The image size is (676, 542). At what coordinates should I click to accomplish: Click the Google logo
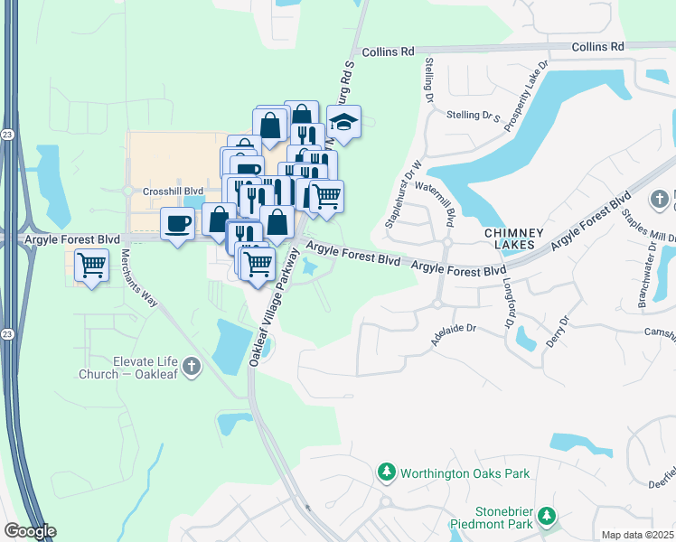tap(30, 531)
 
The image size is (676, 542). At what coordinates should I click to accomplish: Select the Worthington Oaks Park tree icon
tap(387, 472)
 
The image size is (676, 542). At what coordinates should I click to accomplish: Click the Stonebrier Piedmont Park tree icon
tap(546, 516)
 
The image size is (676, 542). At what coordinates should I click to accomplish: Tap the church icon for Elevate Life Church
tap(190, 366)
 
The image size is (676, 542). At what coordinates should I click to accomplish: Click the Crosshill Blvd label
tap(173, 192)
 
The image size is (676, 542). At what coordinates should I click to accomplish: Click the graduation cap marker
tap(343, 121)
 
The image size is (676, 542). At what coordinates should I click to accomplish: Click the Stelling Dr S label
tap(474, 116)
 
